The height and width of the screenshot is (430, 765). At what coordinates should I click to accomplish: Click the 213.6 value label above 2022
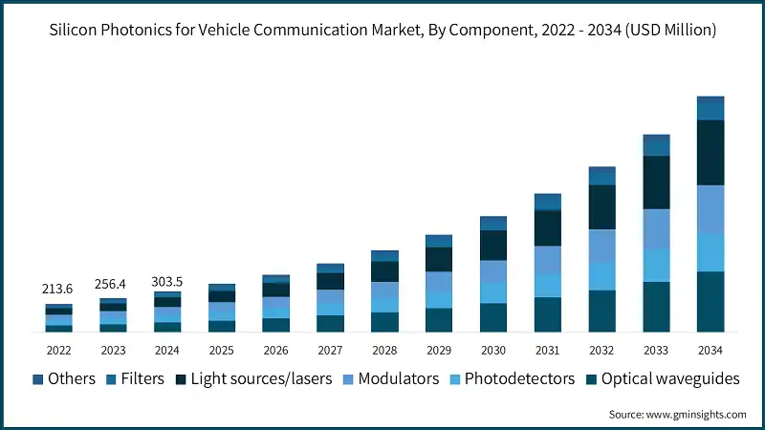[x=58, y=289]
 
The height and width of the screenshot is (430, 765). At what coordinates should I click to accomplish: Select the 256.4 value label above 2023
[x=113, y=285]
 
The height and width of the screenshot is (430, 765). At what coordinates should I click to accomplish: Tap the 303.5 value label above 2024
[x=167, y=281]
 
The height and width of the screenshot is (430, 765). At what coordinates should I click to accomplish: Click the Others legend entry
[x=64, y=378]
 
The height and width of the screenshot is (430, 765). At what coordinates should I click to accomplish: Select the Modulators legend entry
[x=391, y=378]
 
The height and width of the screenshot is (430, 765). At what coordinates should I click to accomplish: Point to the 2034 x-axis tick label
[x=710, y=350]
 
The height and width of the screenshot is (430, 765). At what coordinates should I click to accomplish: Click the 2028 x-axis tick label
[x=384, y=350]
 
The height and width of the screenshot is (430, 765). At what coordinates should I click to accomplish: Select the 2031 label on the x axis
[x=547, y=350]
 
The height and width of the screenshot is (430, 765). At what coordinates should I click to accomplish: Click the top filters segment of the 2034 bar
[x=710, y=108]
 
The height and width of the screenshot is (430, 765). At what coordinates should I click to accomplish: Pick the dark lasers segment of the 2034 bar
[x=710, y=152]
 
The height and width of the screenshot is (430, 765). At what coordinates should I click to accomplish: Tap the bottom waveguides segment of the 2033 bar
[x=656, y=307]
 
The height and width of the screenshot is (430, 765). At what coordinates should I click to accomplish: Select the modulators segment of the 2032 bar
[x=601, y=246]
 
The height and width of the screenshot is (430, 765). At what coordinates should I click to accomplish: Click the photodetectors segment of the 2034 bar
[x=710, y=253]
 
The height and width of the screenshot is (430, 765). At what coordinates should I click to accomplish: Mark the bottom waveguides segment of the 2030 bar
[x=493, y=317]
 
